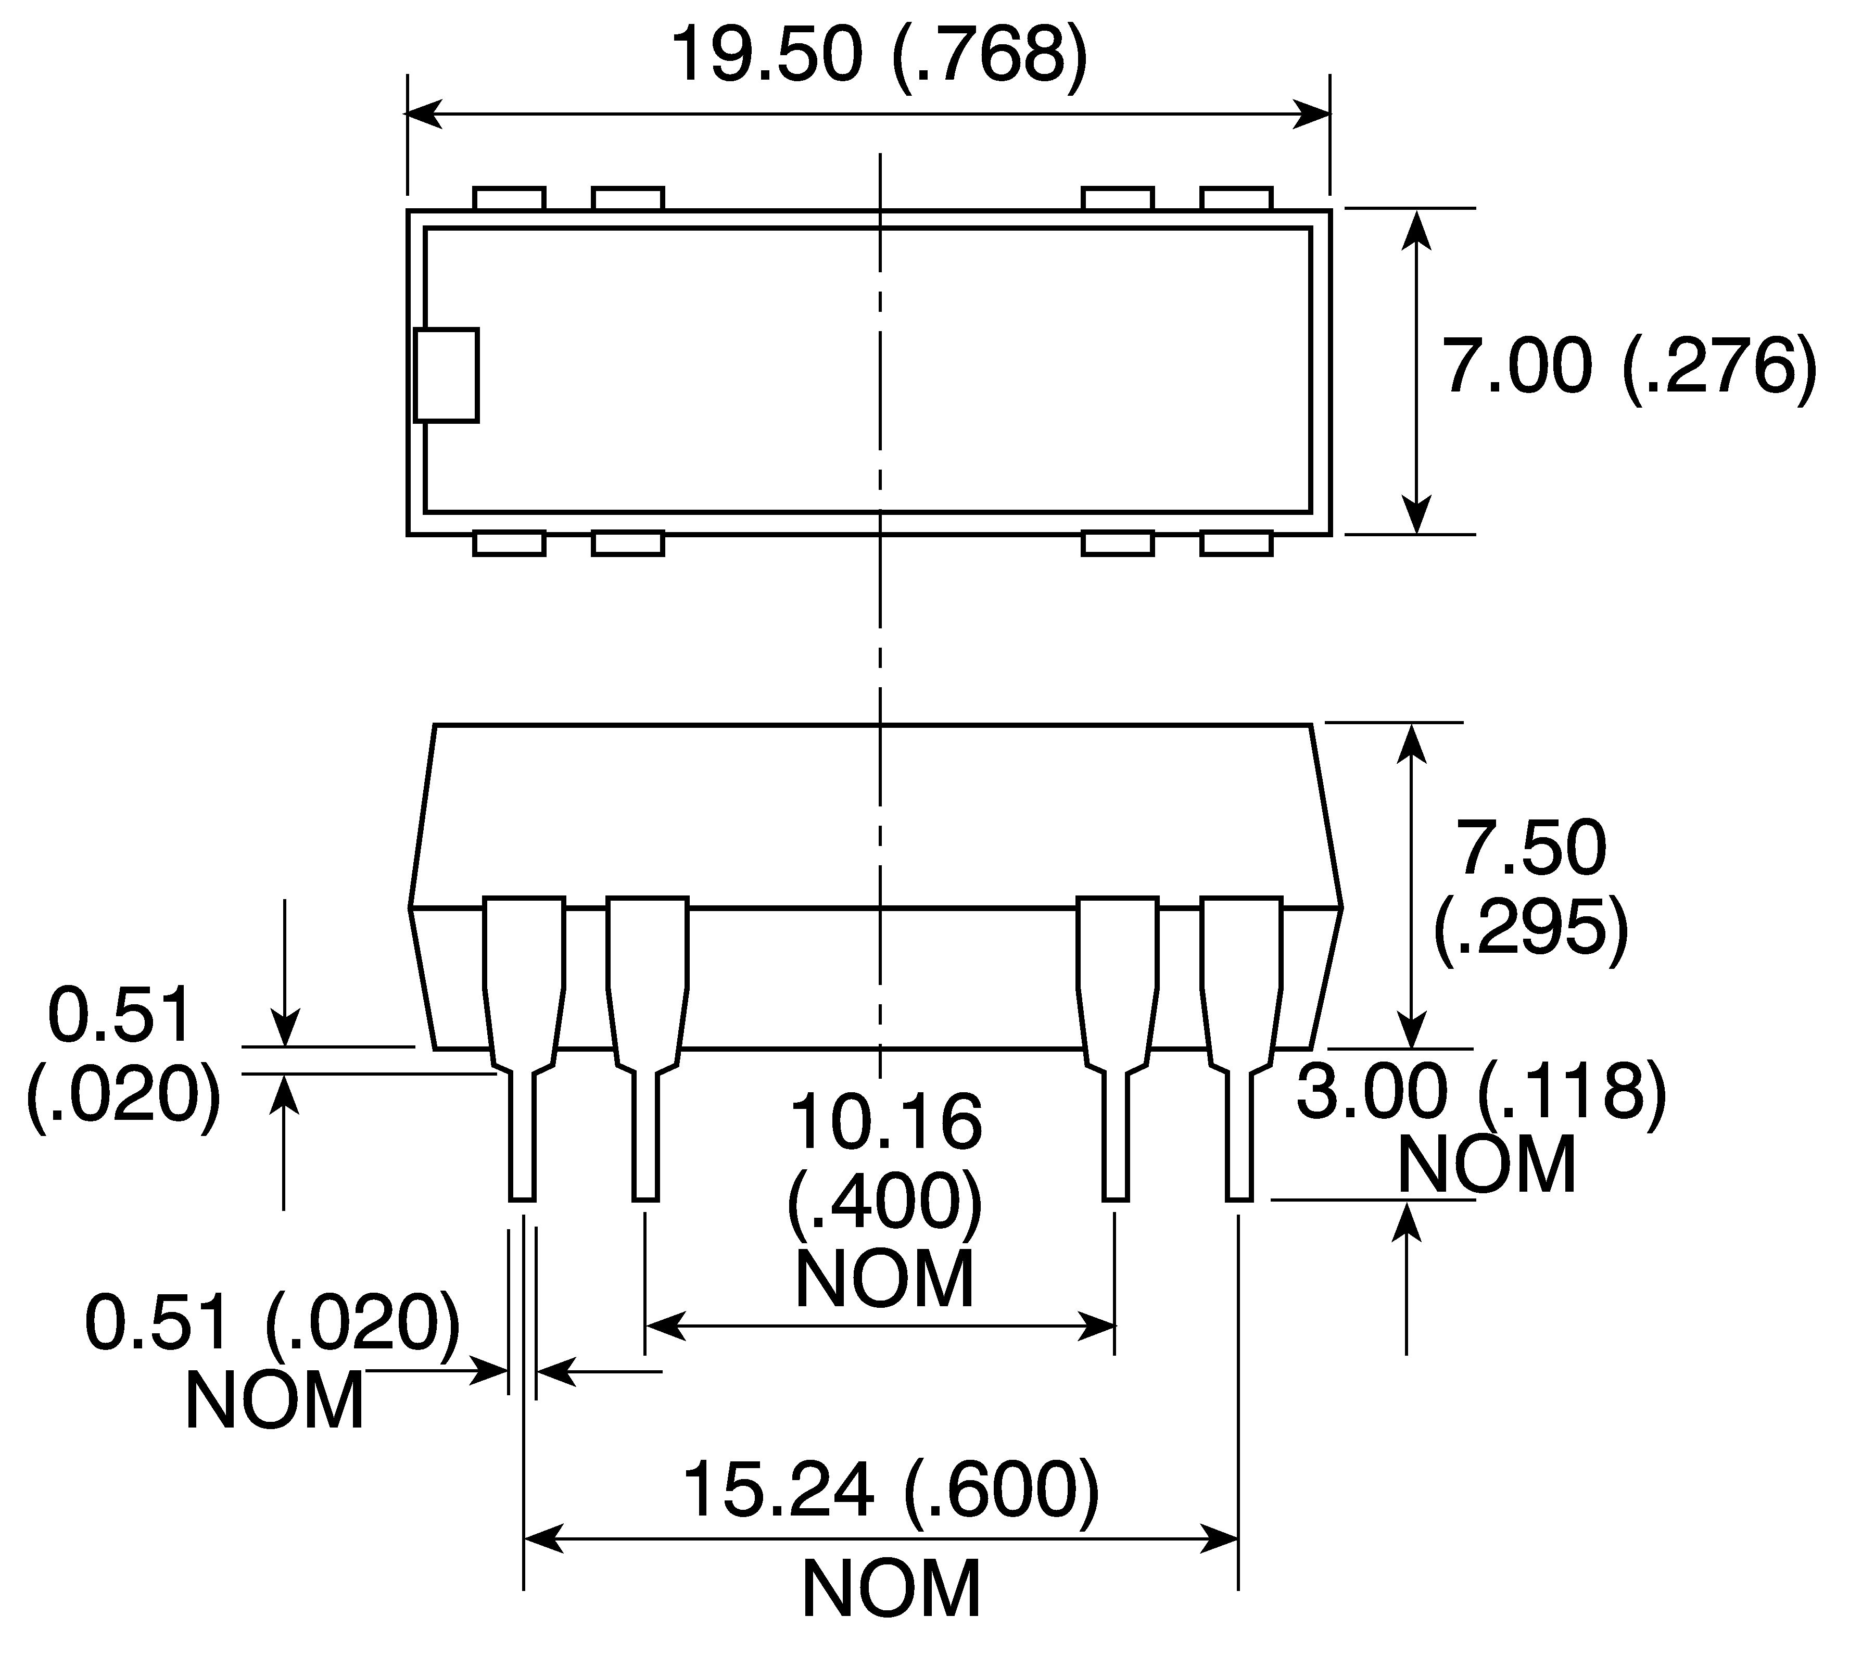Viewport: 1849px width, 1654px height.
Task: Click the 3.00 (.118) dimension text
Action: (x=1481, y=1091)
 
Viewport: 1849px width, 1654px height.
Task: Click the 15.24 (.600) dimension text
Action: (x=891, y=1491)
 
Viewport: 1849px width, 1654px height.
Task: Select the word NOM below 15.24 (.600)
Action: (x=891, y=1588)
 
